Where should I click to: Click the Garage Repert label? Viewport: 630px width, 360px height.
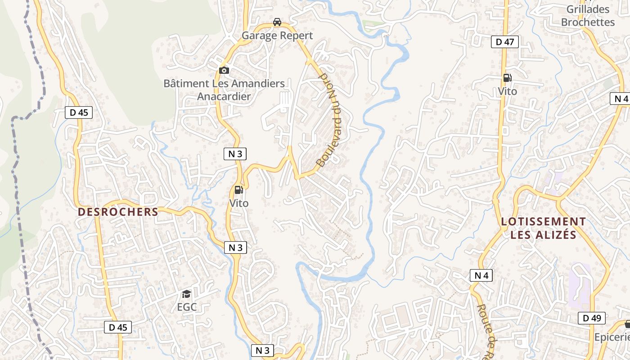coord(277,36)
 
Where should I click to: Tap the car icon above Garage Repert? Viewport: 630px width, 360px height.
coord(277,22)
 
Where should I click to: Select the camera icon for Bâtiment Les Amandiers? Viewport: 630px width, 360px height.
coord(224,70)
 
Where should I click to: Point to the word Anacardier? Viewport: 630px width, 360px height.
coord(224,96)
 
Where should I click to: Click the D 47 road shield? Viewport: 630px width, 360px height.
coord(504,42)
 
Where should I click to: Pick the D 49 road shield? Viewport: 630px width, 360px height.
coord(592,318)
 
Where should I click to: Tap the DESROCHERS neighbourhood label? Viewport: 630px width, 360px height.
coord(118,212)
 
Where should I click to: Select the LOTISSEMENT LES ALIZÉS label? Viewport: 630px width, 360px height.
coord(543,228)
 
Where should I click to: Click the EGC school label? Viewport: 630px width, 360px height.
coord(187,307)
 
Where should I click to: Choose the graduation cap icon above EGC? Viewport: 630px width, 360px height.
coord(186,294)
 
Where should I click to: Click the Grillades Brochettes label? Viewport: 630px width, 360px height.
coord(588,16)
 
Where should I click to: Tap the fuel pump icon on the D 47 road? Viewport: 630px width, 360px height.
coord(507,78)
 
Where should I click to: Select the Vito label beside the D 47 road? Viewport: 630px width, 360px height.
coord(507,91)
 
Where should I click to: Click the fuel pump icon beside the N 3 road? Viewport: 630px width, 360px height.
coord(238,190)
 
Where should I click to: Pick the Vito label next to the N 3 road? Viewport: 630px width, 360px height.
coord(238,203)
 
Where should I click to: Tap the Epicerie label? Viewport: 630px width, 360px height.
coord(612,337)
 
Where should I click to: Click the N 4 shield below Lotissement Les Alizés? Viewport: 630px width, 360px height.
coord(481,275)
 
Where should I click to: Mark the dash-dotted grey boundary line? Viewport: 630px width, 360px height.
coord(17,180)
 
